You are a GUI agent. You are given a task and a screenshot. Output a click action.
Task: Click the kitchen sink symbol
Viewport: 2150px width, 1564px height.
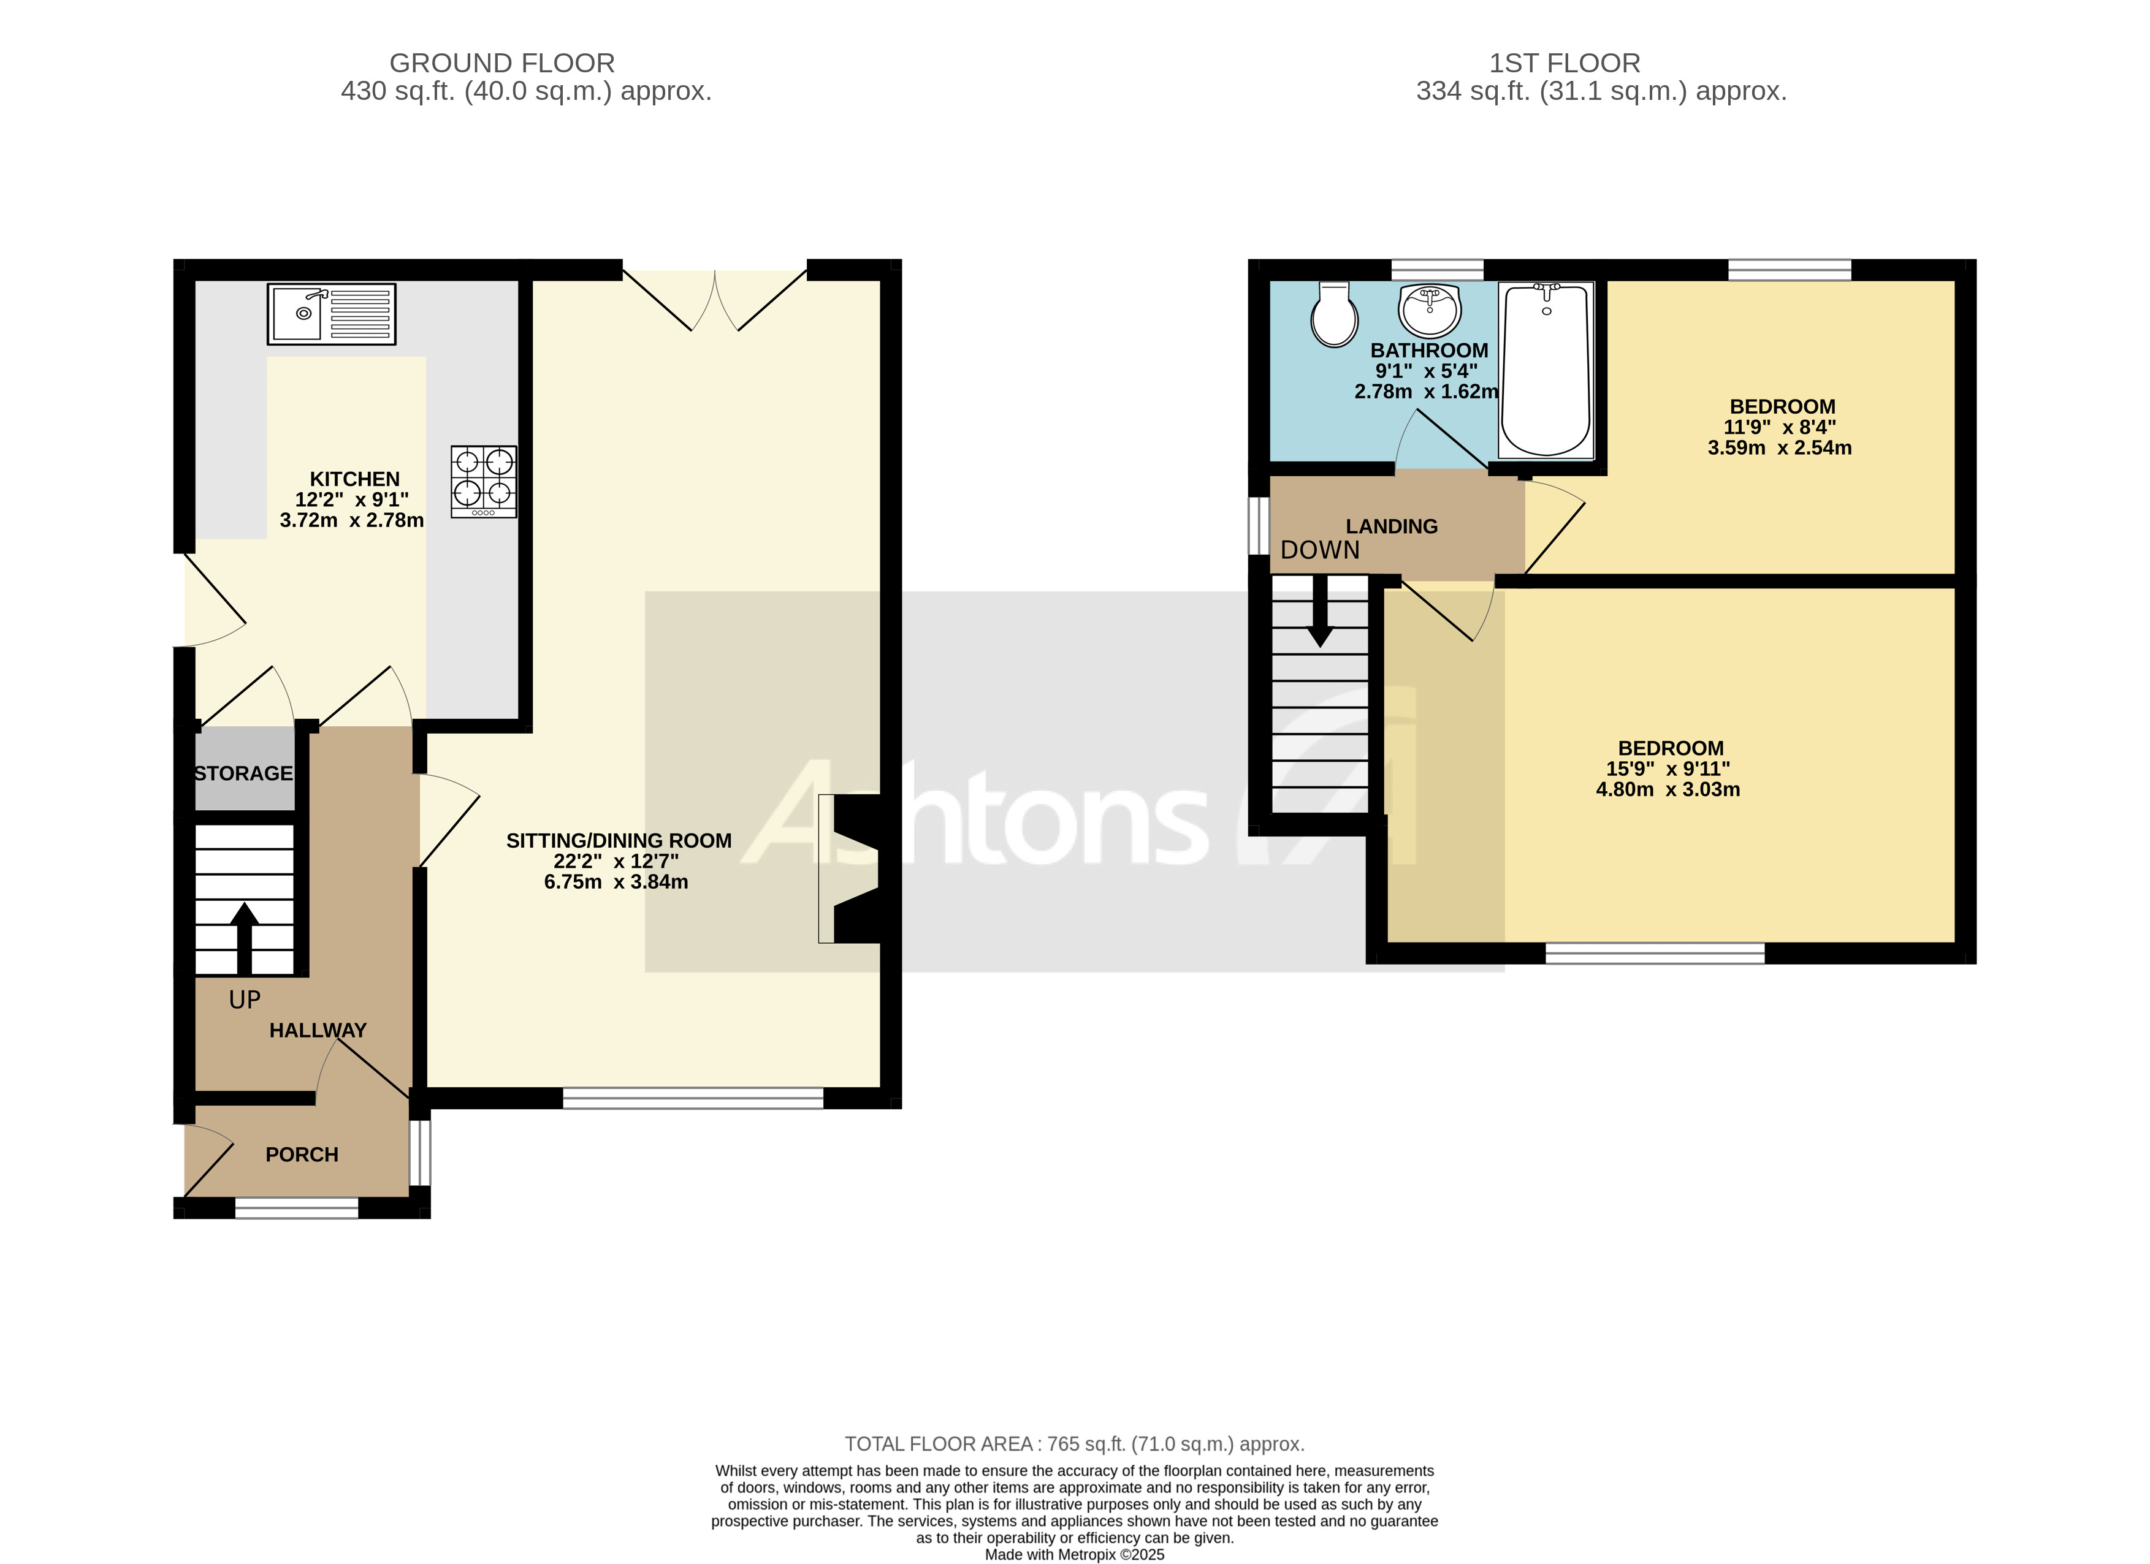point(331,314)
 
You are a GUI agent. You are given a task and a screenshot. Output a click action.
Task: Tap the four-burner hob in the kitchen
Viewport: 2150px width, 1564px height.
point(484,482)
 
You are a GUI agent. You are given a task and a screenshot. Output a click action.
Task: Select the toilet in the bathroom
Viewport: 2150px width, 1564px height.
point(1334,316)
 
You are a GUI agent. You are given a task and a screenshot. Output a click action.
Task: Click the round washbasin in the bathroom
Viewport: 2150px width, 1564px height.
point(1430,310)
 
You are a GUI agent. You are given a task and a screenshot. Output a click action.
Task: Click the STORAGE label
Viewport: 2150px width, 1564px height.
point(243,773)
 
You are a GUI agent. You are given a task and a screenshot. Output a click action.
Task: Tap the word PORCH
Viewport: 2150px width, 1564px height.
point(302,1155)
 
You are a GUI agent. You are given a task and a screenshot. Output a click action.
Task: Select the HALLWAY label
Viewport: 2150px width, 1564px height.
point(318,1030)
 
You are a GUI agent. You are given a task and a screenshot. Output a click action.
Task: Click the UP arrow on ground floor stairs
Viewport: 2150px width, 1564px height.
point(245,938)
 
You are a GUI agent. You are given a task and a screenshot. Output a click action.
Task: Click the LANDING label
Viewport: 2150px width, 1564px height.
point(1392,526)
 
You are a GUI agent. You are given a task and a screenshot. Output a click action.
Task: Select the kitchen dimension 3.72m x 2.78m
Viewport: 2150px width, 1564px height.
point(352,520)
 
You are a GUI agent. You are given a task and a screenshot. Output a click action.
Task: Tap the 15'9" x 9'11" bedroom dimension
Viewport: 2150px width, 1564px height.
point(1668,769)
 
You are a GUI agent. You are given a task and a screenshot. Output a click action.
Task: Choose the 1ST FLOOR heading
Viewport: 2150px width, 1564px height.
point(1564,64)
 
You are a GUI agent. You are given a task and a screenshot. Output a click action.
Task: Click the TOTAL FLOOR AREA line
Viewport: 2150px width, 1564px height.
point(1074,1444)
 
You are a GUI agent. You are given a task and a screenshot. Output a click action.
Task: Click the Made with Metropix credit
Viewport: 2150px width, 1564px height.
point(1074,1555)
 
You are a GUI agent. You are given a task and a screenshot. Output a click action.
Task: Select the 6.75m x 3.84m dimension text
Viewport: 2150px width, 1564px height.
point(616,883)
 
